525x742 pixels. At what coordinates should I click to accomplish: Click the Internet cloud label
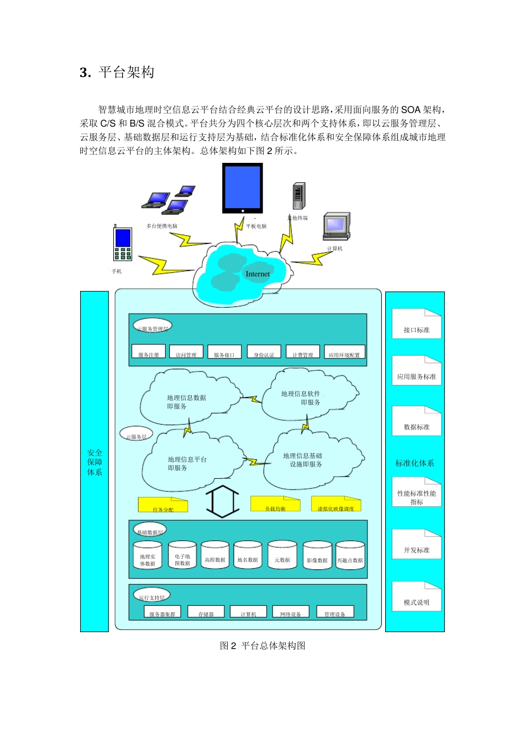258,274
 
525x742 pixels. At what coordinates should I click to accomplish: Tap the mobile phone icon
123,243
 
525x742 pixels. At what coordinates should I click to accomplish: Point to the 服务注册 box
149,352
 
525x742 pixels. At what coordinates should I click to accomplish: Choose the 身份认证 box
264,352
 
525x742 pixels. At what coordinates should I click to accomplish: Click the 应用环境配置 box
344,352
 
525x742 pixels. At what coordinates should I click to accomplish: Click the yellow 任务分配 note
163,505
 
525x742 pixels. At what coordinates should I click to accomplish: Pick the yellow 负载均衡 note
275,504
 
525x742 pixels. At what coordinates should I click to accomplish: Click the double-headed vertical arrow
222,501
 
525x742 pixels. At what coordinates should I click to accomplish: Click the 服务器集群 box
162,612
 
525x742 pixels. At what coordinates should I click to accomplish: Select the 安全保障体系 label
95,462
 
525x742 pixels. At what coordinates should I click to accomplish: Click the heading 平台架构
127,72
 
